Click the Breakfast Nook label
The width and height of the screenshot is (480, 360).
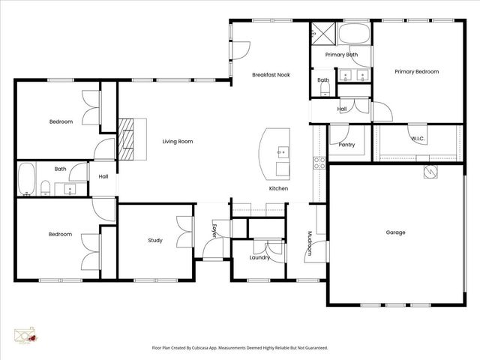[271, 75]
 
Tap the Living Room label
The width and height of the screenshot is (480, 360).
[178, 141]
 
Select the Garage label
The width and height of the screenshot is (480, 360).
[395, 232]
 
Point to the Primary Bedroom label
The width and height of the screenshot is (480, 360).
[416, 72]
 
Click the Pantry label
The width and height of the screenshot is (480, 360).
[346, 145]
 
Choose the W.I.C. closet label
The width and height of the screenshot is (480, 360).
[418, 139]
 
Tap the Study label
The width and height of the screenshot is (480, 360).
[155, 241]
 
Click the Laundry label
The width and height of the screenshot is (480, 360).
[259, 258]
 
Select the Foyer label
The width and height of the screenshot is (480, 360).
[214, 231]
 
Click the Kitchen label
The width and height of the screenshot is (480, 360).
[278, 188]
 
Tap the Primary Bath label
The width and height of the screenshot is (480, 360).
[341, 55]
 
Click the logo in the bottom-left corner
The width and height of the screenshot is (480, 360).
[26, 335]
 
